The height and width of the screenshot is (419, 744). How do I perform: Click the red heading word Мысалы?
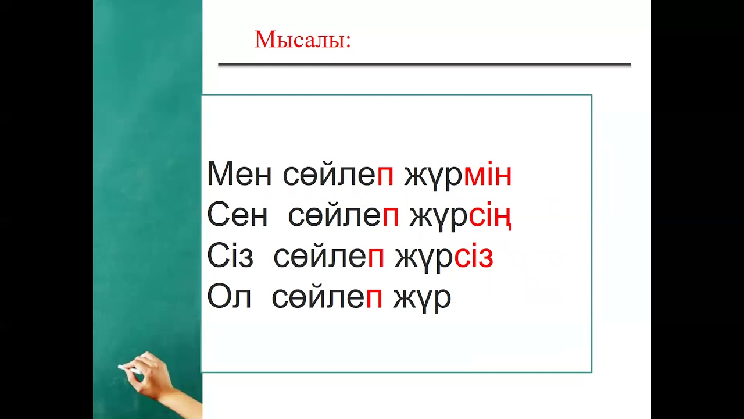[x=302, y=40]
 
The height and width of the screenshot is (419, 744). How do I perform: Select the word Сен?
[x=237, y=216]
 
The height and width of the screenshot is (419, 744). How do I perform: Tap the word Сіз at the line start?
[x=230, y=257]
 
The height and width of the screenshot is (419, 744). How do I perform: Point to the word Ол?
[x=229, y=297]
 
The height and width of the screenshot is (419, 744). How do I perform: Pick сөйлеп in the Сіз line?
[x=329, y=257]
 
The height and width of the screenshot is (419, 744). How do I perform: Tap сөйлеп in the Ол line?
[x=327, y=297]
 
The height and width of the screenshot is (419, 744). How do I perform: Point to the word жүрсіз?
[x=444, y=257]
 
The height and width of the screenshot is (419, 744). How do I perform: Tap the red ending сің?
[x=490, y=216]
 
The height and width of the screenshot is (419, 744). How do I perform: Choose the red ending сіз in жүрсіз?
[x=473, y=257]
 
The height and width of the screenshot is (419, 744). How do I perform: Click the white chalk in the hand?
[x=127, y=368]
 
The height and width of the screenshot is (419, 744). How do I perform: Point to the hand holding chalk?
[x=148, y=377]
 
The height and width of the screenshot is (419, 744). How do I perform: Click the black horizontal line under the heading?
[x=424, y=65]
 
